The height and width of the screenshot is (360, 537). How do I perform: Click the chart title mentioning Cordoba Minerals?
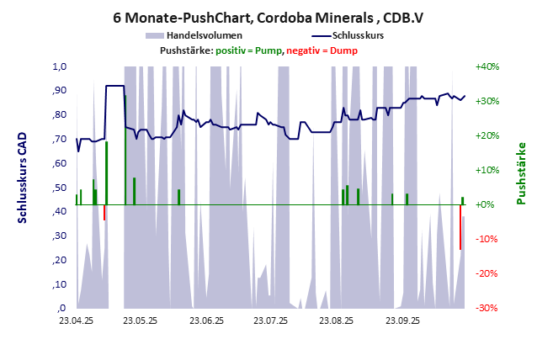point(268,16)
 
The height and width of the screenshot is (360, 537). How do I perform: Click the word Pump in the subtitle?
point(268,51)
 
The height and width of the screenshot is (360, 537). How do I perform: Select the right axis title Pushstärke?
point(522,173)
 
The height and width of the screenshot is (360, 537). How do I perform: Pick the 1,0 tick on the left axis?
point(60,66)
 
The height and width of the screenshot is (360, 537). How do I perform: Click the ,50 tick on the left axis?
point(60,188)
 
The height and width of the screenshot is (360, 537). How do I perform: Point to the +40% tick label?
point(487,66)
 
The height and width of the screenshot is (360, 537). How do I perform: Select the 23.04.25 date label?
point(76,320)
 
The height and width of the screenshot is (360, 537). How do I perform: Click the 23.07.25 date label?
point(271,320)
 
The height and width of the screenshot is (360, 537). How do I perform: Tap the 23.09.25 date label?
point(401,320)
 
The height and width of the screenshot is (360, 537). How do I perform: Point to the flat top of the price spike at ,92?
point(114,86)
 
